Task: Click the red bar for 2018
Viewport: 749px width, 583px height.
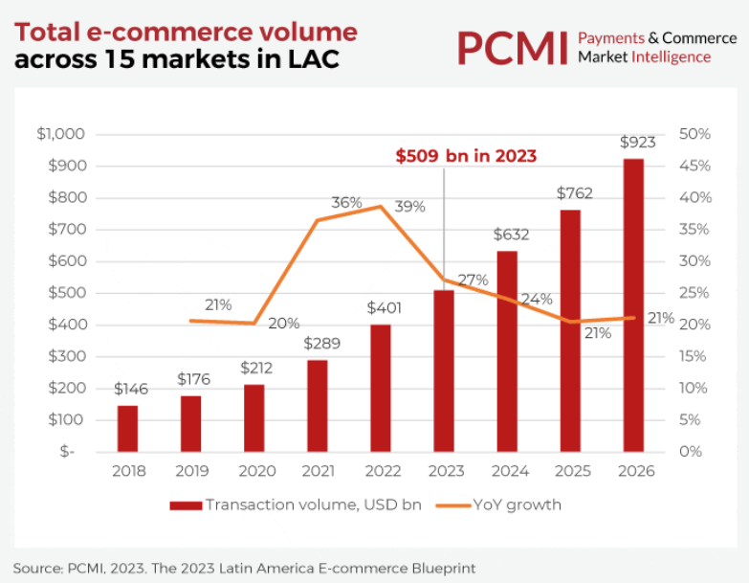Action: click(127, 428)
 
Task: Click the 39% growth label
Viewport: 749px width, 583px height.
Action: click(409, 207)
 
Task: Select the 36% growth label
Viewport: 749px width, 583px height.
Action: click(346, 203)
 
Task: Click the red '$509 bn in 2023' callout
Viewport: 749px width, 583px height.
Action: click(466, 156)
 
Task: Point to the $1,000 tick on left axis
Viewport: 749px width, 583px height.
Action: click(61, 134)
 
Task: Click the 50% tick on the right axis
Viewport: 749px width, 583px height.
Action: click(694, 134)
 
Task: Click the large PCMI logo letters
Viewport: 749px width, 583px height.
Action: click(512, 48)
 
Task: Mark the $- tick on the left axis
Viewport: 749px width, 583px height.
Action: click(67, 451)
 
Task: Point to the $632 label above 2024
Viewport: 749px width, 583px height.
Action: click(511, 235)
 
